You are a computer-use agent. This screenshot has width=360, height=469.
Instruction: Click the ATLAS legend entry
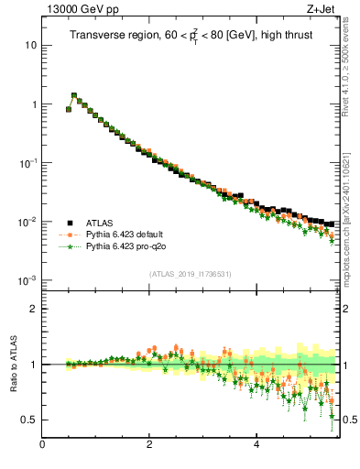click(x=101, y=222)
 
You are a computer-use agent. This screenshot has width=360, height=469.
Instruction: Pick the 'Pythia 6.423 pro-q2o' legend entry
click(x=128, y=246)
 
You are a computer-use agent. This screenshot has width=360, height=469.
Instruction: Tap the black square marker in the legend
click(x=70, y=222)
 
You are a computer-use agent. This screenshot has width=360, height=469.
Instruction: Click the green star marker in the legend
click(x=70, y=246)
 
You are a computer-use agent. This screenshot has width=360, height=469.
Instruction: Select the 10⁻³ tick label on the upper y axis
click(x=27, y=280)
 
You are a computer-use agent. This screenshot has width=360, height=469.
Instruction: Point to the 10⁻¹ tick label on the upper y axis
click(x=27, y=163)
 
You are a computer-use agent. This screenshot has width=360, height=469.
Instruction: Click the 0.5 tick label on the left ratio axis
click(x=29, y=420)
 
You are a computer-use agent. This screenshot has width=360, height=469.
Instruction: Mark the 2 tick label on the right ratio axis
click(x=347, y=309)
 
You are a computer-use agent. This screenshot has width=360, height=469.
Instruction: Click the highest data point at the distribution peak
click(x=74, y=95)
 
